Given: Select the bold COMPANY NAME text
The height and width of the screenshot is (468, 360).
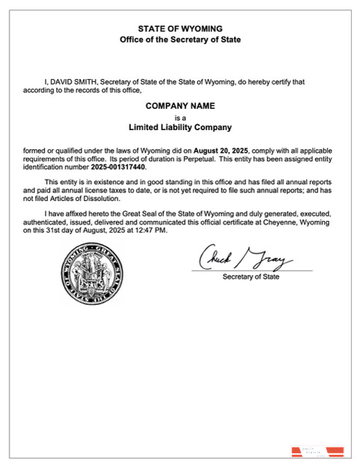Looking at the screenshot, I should point(180,106).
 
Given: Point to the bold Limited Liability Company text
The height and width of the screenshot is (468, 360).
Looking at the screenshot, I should point(180,127).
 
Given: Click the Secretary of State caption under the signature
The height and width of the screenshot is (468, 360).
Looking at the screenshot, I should point(250,277).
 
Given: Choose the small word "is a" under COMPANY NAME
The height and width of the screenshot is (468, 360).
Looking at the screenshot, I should point(180,117).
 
